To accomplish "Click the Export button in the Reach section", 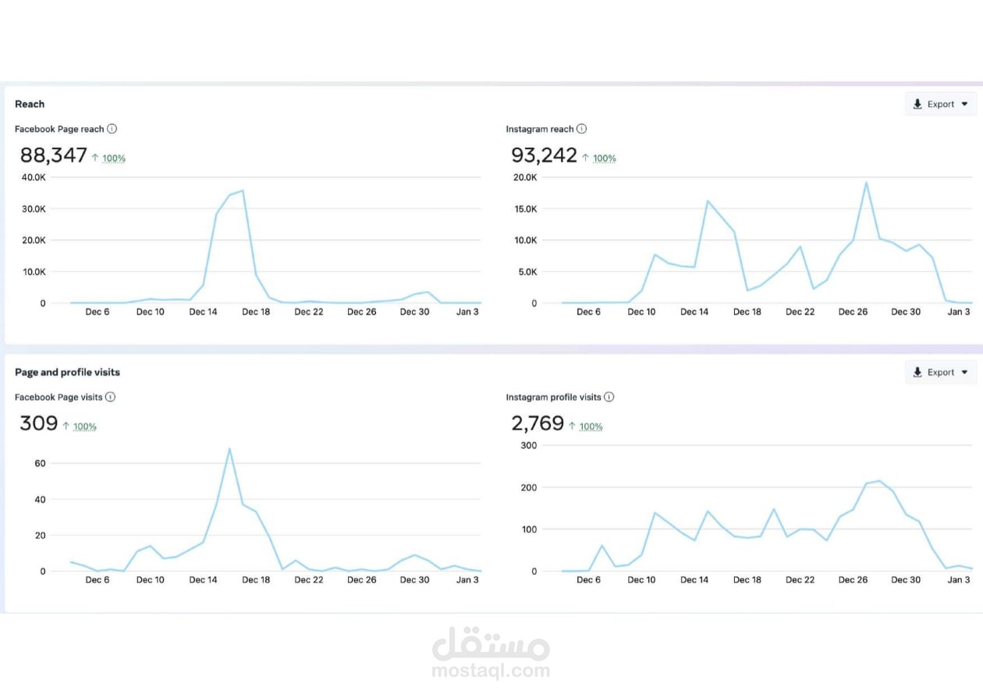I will (940, 104).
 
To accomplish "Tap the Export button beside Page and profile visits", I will (940, 372).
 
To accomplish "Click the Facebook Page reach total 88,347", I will (54, 155).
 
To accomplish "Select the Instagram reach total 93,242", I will (545, 155).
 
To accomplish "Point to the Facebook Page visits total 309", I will (39, 423).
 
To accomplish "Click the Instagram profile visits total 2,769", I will (538, 423).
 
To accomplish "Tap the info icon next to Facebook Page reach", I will (112, 129).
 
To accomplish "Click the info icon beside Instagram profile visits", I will (609, 397).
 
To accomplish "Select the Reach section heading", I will (30, 104).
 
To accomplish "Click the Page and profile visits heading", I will (67, 372).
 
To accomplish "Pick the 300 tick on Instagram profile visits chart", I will (528, 445).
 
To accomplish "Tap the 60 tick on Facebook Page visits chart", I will (40, 463).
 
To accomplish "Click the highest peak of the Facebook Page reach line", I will (243, 191).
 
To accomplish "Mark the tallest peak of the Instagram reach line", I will (866, 183).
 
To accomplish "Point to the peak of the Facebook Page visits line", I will (229, 448).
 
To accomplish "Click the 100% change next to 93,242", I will (605, 159).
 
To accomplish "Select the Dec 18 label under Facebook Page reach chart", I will (256, 312).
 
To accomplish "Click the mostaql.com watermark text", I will (491, 670).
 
